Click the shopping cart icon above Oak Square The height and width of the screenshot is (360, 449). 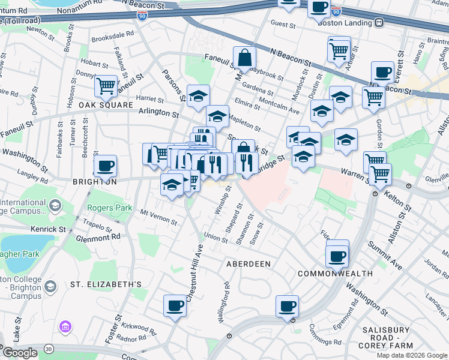pyautogui.click(x=106, y=86)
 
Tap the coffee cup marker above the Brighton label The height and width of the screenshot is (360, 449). pyautogui.click(x=105, y=166)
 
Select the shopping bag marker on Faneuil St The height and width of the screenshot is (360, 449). pyautogui.click(x=244, y=58)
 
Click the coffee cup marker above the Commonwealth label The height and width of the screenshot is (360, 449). pyautogui.click(x=337, y=256)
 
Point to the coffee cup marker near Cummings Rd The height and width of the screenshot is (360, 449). pyautogui.click(x=287, y=305)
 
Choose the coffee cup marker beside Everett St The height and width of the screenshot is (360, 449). pyautogui.click(x=382, y=73)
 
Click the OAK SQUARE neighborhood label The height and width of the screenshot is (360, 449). pyautogui.click(x=105, y=105)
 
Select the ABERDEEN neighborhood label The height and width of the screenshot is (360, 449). pyautogui.click(x=248, y=264)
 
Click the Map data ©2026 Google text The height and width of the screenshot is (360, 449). pyautogui.click(x=412, y=355)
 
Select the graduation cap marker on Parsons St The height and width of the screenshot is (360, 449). pyautogui.click(x=197, y=96)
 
